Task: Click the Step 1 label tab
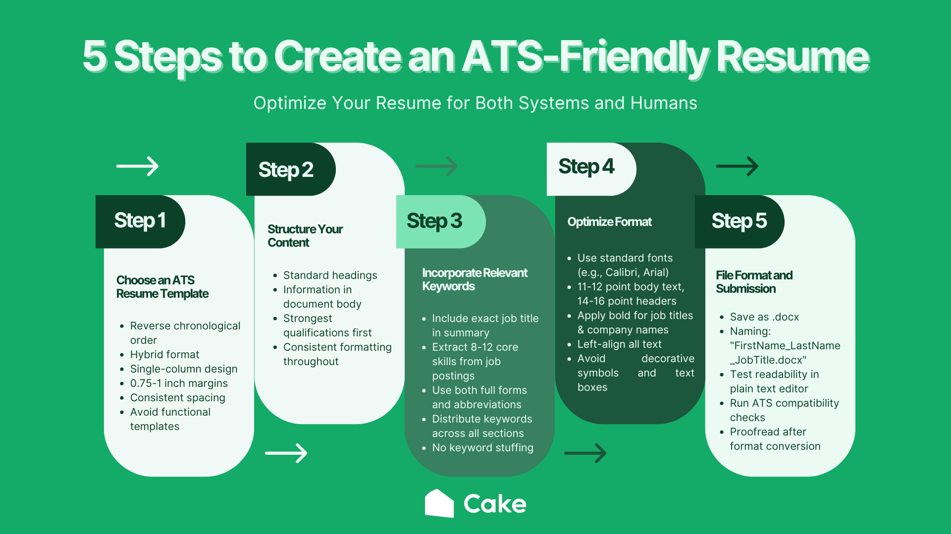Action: (x=140, y=221)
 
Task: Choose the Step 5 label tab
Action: (x=739, y=221)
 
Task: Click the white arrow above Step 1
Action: (x=138, y=166)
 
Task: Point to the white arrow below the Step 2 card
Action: (x=286, y=453)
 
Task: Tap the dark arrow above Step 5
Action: (x=737, y=166)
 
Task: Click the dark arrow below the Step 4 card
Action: (x=585, y=453)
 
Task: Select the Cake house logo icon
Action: (x=439, y=504)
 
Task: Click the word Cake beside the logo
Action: (x=495, y=504)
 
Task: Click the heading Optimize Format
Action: (x=609, y=222)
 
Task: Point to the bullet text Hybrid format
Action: (x=164, y=355)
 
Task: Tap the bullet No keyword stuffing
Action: (x=482, y=448)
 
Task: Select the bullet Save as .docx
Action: (x=764, y=317)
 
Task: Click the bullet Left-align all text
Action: (x=619, y=344)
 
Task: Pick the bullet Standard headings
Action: (x=330, y=275)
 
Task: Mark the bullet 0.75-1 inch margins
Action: (x=179, y=383)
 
